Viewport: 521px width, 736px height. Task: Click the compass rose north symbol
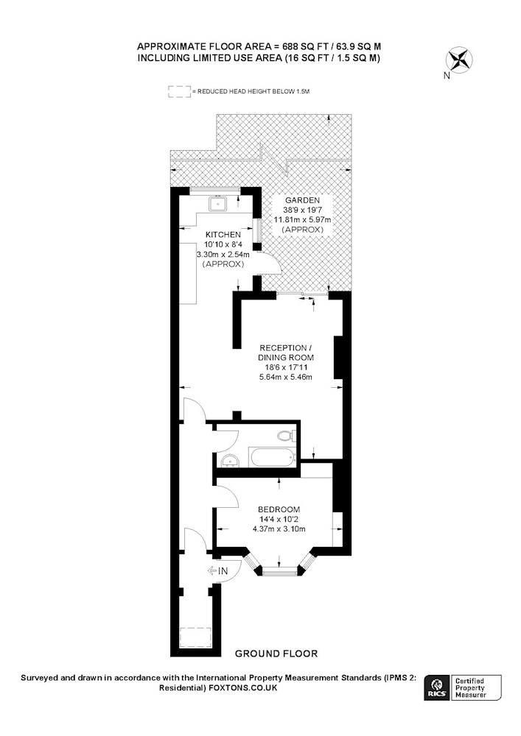[458, 60]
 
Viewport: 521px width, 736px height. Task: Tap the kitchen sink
[219, 204]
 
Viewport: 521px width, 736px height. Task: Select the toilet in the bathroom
[286, 436]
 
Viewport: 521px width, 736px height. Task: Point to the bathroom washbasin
[230, 461]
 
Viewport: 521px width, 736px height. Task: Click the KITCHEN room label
[223, 234]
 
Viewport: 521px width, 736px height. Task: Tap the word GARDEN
[302, 200]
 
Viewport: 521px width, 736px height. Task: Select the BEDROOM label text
[279, 509]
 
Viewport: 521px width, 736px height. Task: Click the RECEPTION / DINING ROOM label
[286, 353]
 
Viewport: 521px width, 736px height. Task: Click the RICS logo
[437, 687]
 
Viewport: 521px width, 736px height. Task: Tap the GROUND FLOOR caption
[276, 654]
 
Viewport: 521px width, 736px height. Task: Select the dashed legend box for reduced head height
[180, 91]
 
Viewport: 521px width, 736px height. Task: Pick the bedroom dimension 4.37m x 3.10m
[279, 529]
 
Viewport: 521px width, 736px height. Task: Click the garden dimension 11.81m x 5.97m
[302, 219]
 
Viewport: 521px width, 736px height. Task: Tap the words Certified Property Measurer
[470, 687]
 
